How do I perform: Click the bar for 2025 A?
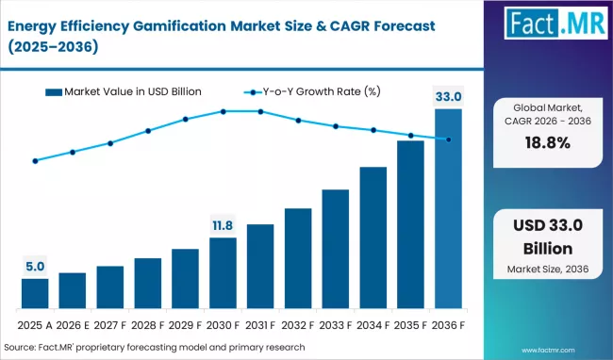tap(35, 293)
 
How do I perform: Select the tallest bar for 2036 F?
tap(448, 208)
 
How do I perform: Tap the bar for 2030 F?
tap(223, 273)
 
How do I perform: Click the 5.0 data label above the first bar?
tap(35, 267)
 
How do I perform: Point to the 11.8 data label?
tap(223, 225)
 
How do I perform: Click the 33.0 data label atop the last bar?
tap(448, 95)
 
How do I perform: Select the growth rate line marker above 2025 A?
tap(35, 161)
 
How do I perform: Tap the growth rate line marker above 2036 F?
tap(448, 139)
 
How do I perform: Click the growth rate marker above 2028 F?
tap(148, 131)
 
